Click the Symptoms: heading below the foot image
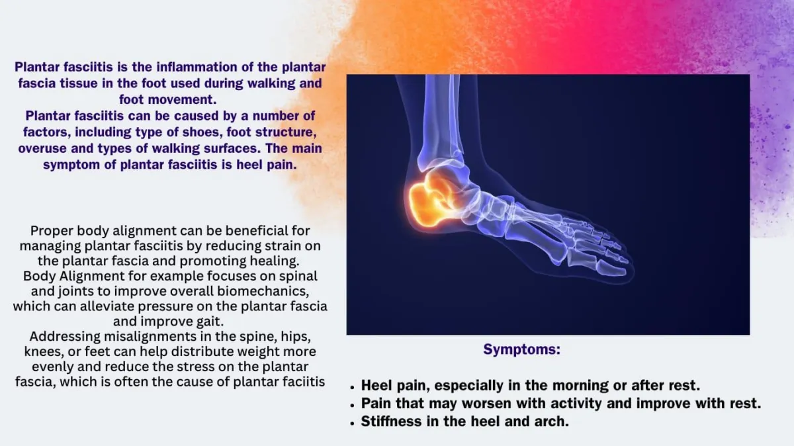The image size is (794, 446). coord(522,349)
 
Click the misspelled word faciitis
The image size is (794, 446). coord(304,382)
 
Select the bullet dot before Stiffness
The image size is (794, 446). coord(352,424)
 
